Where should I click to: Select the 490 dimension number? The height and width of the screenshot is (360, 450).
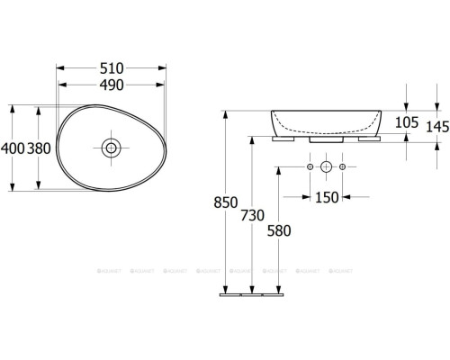112,85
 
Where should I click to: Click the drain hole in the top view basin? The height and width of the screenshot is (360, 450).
112,147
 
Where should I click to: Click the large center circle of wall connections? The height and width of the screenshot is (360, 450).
326,167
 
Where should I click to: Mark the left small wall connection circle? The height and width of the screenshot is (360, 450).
309,167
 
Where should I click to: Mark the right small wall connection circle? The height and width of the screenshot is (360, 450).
343,167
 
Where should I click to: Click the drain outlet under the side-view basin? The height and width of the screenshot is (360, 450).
325,139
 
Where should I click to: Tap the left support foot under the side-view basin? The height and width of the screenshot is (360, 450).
287,139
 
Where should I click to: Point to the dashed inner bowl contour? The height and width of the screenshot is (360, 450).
325,127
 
